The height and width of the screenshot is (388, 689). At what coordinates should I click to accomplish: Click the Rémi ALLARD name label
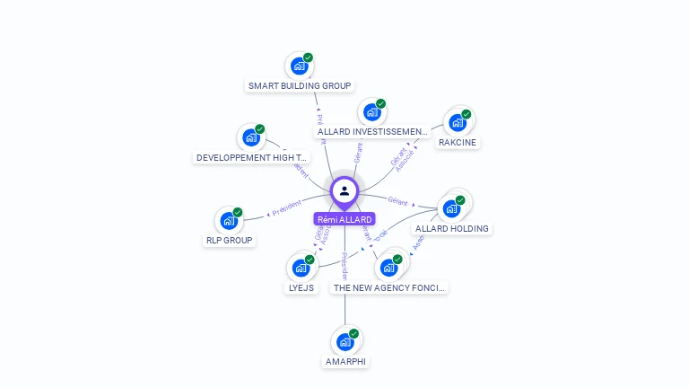click(x=344, y=219)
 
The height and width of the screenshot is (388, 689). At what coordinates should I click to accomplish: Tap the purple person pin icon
click(x=344, y=191)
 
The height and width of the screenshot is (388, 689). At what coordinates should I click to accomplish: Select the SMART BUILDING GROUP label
click(x=300, y=86)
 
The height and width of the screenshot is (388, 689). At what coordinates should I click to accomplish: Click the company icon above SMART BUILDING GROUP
click(x=300, y=66)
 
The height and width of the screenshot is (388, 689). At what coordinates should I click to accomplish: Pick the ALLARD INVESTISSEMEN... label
click(x=373, y=132)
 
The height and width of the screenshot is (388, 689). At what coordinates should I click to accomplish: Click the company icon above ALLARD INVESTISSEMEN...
click(x=371, y=112)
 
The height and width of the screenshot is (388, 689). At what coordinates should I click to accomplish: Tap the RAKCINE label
click(x=458, y=143)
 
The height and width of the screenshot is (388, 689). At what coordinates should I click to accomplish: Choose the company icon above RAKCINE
click(x=458, y=122)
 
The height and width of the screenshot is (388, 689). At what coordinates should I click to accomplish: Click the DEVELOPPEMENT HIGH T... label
click(x=252, y=158)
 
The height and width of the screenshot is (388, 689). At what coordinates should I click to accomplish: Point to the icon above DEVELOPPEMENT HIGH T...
click(x=251, y=137)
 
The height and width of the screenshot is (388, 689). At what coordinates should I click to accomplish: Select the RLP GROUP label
click(x=229, y=241)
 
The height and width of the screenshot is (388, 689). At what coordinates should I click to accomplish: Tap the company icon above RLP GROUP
click(x=229, y=220)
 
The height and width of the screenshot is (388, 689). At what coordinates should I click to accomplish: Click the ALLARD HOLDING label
click(x=452, y=229)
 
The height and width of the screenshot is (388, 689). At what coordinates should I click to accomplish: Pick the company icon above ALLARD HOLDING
click(x=452, y=207)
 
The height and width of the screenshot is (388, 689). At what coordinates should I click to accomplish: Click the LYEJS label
click(x=301, y=288)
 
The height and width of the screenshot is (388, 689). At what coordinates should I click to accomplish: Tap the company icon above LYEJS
click(x=301, y=268)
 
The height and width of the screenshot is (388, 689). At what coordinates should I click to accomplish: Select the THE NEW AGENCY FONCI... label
click(x=389, y=288)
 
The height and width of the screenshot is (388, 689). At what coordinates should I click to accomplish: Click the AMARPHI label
click(x=345, y=362)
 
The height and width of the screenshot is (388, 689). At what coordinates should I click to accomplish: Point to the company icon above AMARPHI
click(x=345, y=341)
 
